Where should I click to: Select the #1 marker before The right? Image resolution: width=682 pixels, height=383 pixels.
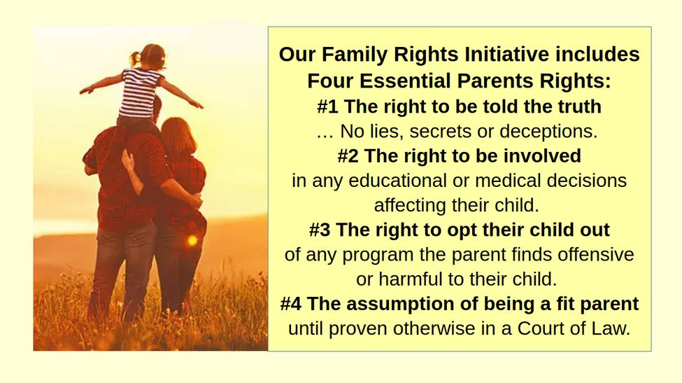pyautogui.click(x=327, y=106)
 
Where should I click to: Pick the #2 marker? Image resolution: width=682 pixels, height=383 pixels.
pyautogui.click(x=348, y=156)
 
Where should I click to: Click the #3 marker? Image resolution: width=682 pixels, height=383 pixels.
pyautogui.click(x=320, y=230)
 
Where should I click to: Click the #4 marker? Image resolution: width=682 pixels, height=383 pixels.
pyautogui.click(x=291, y=304)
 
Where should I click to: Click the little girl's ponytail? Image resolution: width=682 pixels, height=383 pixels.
pyautogui.click(x=134, y=58)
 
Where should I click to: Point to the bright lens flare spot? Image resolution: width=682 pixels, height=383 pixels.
pyautogui.click(x=192, y=240)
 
